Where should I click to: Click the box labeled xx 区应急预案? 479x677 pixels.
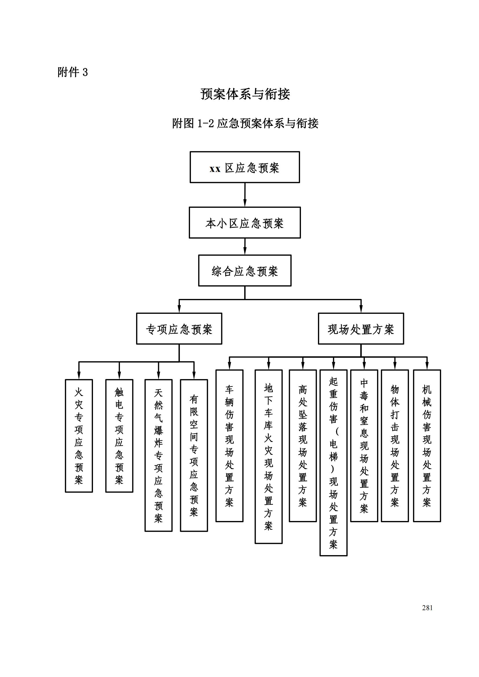pos(245,167)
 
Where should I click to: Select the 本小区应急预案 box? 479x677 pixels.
pos(245,223)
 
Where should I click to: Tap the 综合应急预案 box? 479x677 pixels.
pos(245,271)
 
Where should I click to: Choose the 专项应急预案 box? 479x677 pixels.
pos(179,329)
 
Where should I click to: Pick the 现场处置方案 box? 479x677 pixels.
pos(361,329)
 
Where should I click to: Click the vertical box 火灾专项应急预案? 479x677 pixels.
pos(79,436)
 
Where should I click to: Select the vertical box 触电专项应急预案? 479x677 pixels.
pos(119,436)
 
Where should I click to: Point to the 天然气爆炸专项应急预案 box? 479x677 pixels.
pos(158,456)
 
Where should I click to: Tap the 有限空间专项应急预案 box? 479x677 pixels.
pos(194,456)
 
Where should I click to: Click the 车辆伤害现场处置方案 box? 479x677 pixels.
pos(229,446)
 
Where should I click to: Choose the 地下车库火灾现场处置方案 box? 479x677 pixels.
pos(268,457)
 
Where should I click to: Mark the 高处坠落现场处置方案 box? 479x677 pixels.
pos(303,446)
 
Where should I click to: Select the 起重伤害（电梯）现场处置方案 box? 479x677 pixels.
pos(333,463)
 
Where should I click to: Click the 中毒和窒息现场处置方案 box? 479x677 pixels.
pos(364,446)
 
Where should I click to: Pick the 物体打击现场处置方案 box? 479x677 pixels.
pos(395,446)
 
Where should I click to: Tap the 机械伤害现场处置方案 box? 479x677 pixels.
pos(427,446)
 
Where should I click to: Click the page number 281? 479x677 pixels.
pos(427,608)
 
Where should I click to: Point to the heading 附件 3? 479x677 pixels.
pos(73,72)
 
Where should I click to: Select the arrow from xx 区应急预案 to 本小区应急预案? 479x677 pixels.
pos(245,195)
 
